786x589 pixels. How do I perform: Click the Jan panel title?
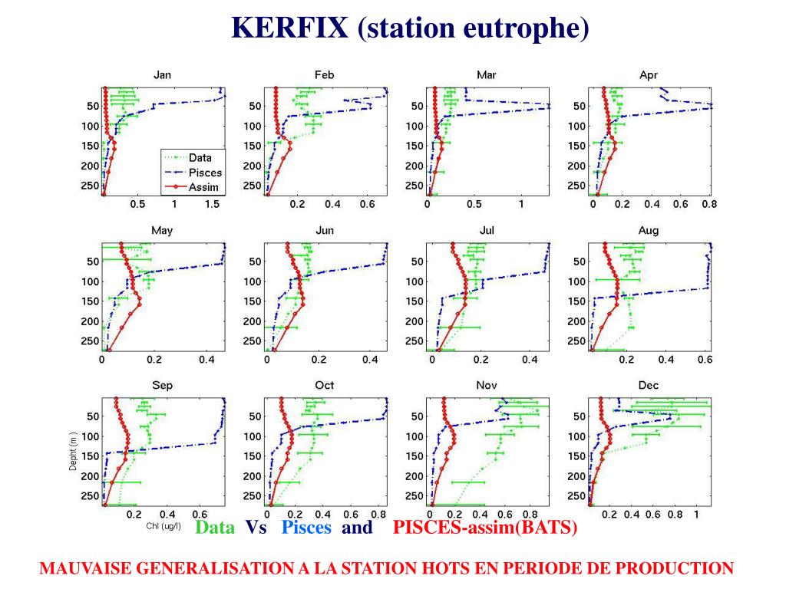click(x=162, y=75)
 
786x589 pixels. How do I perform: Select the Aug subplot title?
click(x=648, y=231)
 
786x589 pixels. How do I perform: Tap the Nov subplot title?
click(x=487, y=386)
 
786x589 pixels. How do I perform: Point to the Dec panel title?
click(x=648, y=386)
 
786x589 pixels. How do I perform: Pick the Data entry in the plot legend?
click(x=200, y=159)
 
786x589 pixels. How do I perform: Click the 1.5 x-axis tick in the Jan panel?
click(x=212, y=205)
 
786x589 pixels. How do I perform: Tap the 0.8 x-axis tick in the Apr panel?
click(x=708, y=205)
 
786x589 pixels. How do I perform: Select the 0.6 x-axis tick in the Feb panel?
click(x=367, y=205)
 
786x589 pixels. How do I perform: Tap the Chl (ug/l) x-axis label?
click(x=163, y=527)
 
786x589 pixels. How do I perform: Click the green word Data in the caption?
click(x=215, y=528)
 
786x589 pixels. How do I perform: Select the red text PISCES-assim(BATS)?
click(x=484, y=528)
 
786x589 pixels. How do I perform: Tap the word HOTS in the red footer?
click(x=431, y=568)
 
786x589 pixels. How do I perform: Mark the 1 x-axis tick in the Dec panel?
click(x=695, y=515)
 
